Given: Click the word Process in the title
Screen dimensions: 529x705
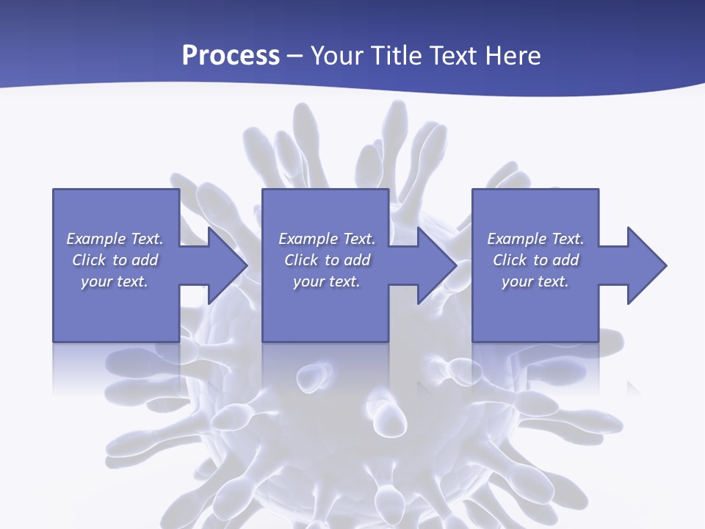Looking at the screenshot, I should [231, 56].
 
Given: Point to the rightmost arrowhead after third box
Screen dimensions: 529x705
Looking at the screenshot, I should [646, 265].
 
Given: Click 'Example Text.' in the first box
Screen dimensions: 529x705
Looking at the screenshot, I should [115, 239].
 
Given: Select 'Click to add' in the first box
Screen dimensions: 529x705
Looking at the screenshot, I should [115, 260].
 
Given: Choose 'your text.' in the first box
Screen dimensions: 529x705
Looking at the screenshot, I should [115, 281].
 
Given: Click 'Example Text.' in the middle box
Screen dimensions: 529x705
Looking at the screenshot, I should [327, 239].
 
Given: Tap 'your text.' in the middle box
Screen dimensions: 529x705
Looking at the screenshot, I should [327, 281].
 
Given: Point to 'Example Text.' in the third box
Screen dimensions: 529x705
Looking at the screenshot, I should [535, 239].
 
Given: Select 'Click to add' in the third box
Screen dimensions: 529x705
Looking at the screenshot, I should [535, 260].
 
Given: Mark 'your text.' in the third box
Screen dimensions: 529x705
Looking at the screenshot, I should [535, 281].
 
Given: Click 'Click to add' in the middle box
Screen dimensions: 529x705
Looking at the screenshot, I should [327, 260].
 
